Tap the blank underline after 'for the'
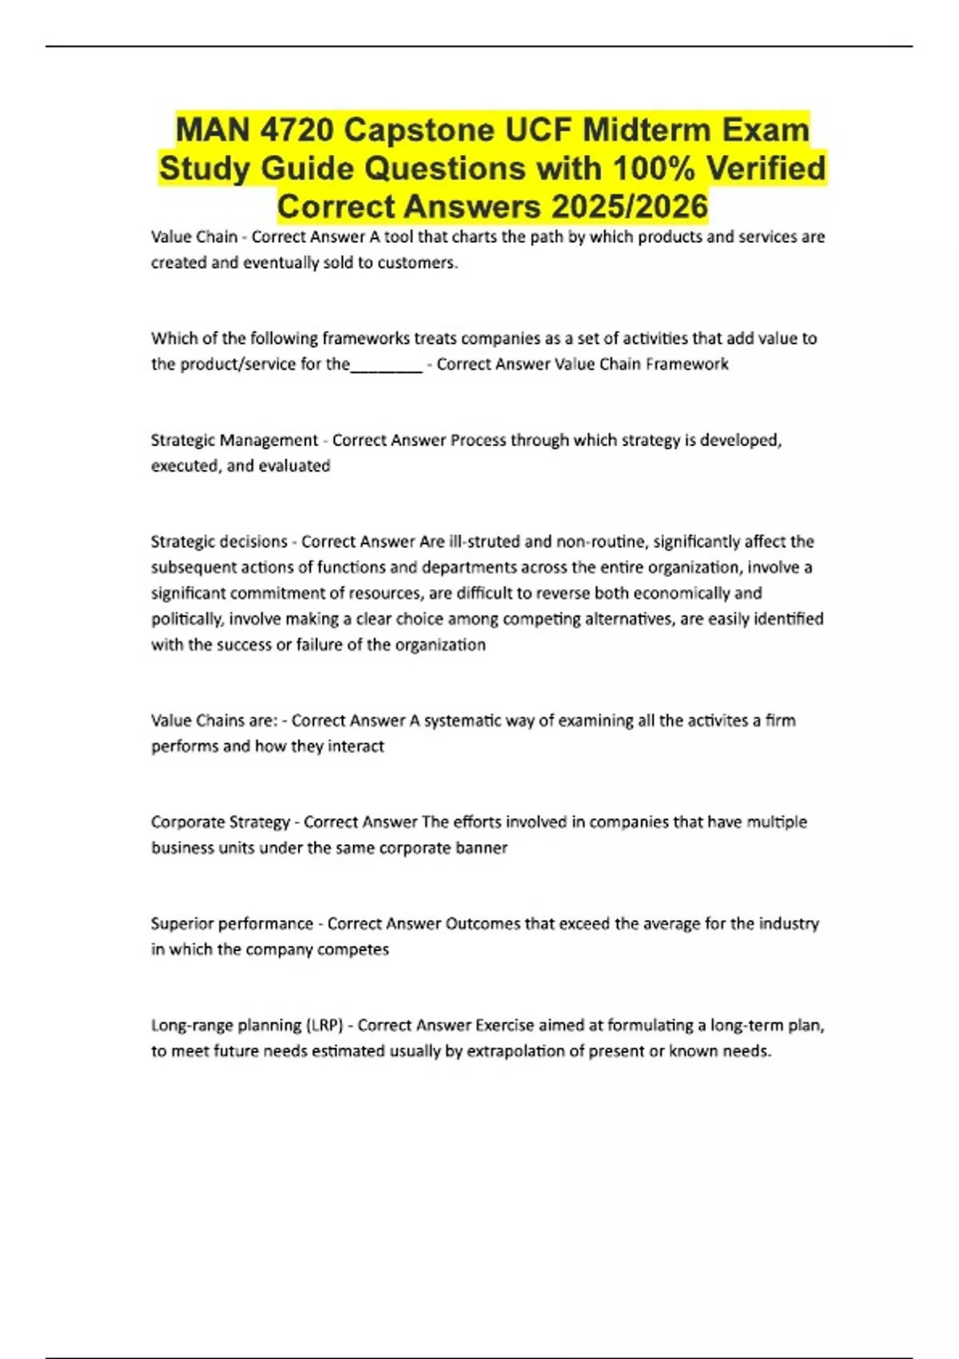pos(386,365)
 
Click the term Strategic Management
pos(234,440)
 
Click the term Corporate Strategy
pos(221,823)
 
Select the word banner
pos(481,848)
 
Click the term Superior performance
pos(232,924)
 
